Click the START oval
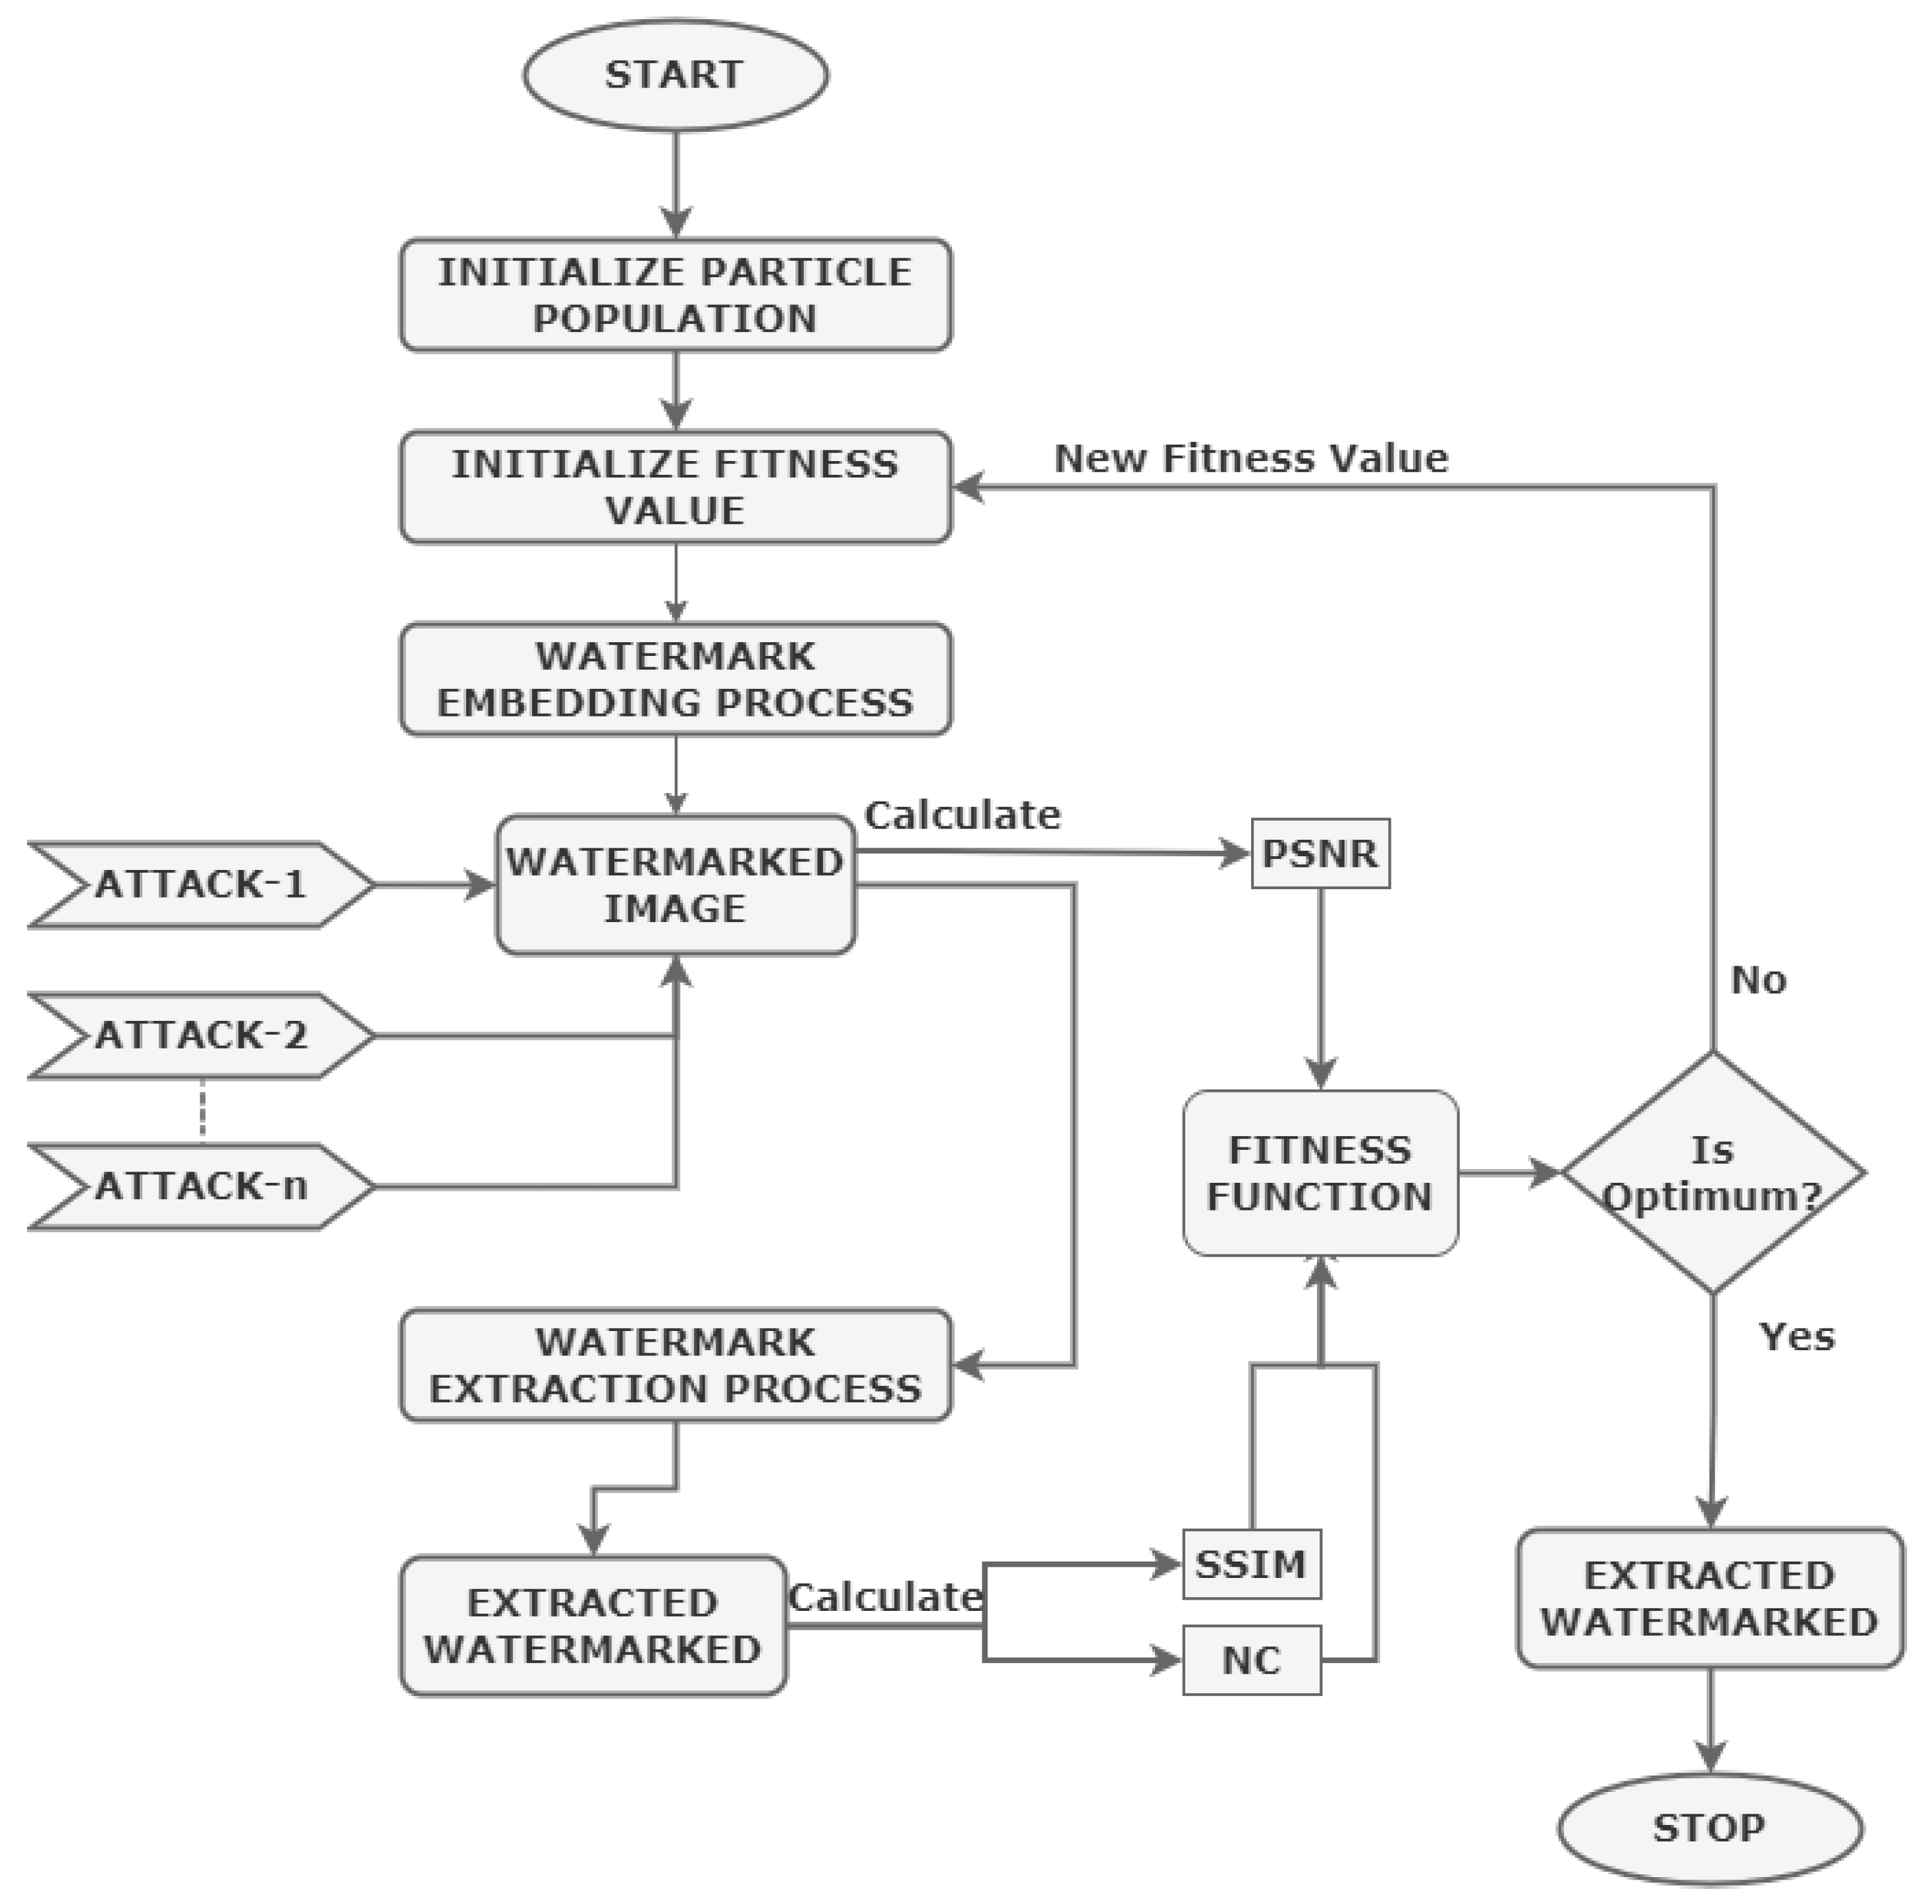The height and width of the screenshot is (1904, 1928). tap(676, 75)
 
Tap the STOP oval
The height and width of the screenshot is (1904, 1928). tap(1709, 1828)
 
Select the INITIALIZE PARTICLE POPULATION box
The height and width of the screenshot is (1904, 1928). tap(676, 294)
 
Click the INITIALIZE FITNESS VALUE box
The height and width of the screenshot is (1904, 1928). tap(676, 487)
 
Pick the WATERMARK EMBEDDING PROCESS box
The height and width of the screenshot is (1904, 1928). tap(676, 680)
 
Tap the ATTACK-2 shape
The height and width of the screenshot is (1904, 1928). tap(200, 1036)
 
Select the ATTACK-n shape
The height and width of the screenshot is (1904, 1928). tap(200, 1187)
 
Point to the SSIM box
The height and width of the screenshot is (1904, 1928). tap(1251, 1564)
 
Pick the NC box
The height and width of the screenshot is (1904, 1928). tap(1251, 1660)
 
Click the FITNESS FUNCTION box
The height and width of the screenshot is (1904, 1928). tap(1320, 1172)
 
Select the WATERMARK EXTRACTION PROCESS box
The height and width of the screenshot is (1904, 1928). tap(676, 1365)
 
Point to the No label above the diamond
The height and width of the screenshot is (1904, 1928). tap(1758, 980)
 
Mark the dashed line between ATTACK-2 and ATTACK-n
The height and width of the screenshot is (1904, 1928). tap(203, 1110)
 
